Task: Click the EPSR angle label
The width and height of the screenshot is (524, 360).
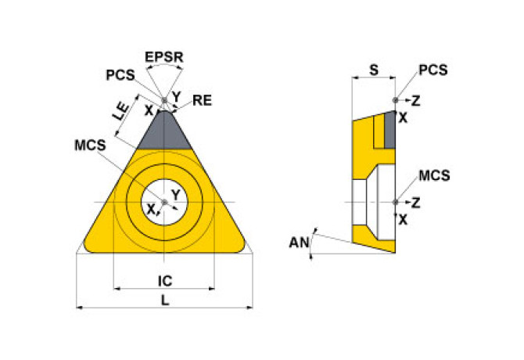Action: (x=164, y=56)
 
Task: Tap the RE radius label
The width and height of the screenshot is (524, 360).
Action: (x=203, y=99)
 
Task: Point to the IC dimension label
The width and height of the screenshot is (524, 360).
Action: (x=165, y=279)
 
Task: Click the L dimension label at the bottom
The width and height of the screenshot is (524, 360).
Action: (x=165, y=299)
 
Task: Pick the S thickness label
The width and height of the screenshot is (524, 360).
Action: (x=373, y=70)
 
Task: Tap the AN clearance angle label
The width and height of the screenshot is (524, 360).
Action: (x=299, y=243)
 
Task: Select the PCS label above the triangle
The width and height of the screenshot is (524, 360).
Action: (x=120, y=75)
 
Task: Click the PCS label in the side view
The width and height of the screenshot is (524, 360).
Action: (x=432, y=70)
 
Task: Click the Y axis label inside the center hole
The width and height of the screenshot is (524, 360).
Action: (x=175, y=194)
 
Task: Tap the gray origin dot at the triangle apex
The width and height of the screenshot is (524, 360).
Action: (x=165, y=100)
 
